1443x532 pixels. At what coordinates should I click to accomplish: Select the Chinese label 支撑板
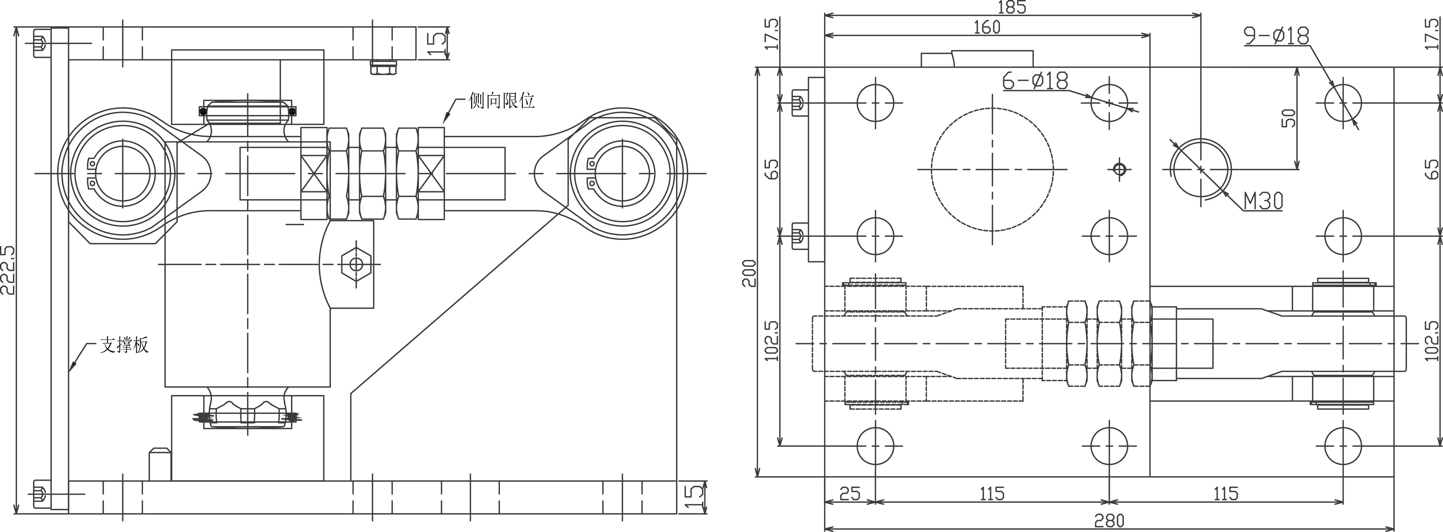[x=124, y=345]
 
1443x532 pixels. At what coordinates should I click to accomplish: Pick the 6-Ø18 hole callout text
[x=1035, y=81]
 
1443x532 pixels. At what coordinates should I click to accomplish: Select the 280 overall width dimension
[x=1109, y=521]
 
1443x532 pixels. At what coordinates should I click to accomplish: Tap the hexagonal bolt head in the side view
[x=356, y=264]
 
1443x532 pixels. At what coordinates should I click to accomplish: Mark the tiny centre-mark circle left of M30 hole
[x=1119, y=169]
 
